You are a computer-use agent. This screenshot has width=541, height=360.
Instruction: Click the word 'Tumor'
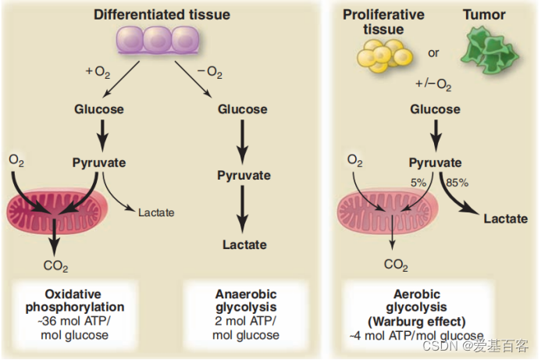coord(484,14)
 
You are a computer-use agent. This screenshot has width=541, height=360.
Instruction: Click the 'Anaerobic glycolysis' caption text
coord(245,301)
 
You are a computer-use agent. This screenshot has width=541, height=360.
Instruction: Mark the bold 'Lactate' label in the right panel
coord(505,218)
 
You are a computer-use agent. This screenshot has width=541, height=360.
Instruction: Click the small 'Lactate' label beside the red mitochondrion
coord(156,212)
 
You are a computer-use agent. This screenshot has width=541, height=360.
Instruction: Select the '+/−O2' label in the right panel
coord(433,83)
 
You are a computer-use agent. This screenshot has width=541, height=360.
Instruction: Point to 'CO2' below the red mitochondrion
coord(55,266)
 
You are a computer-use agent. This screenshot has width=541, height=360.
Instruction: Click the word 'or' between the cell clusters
coord(433,53)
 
